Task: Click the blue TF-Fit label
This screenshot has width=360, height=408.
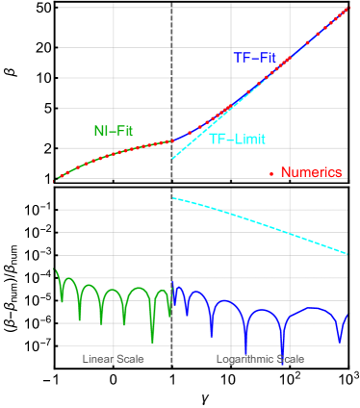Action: [254, 58]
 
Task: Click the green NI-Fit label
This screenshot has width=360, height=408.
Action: [113, 131]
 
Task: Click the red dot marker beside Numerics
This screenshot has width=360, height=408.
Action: [271, 174]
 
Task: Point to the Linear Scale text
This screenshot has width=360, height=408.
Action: [114, 359]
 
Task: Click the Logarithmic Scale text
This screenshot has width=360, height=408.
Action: [259, 359]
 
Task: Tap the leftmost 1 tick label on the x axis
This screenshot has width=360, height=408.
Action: [63, 374]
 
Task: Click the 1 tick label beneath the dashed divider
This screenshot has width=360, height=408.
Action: [179, 374]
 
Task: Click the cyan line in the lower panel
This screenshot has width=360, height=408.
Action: [260, 226]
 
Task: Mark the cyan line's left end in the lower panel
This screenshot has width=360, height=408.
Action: [173, 198]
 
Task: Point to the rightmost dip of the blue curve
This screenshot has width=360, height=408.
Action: [340, 339]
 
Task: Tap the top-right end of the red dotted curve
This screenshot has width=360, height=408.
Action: [346, 9]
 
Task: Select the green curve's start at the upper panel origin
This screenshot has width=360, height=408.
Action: [57, 178]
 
